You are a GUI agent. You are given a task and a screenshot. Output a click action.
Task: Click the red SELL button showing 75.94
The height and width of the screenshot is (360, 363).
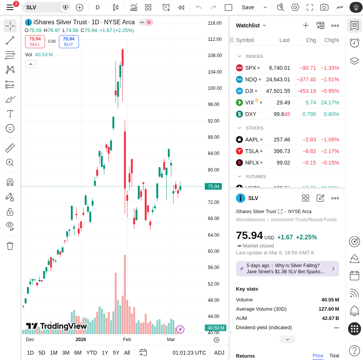(35, 42)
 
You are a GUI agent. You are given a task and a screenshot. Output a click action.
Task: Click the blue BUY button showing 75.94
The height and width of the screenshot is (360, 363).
(69, 42)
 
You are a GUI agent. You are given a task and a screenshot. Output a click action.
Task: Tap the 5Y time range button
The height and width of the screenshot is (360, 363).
(116, 353)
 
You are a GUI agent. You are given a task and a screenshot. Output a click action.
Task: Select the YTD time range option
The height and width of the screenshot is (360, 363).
(92, 353)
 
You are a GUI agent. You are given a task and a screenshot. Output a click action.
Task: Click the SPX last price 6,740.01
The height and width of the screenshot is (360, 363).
(279, 68)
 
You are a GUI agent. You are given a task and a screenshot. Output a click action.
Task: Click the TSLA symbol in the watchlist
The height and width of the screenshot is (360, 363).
(252, 151)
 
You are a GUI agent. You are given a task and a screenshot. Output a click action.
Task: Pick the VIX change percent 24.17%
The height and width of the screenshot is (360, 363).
(330, 103)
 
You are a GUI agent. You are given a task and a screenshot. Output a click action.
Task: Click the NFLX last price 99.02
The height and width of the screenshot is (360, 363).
(283, 163)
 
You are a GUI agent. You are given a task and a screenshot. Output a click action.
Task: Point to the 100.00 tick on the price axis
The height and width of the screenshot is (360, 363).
(215, 88)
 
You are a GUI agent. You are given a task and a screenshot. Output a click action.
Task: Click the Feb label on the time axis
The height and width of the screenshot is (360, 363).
(127, 340)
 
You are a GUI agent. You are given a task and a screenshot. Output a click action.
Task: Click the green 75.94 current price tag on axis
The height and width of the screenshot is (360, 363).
(213, 187)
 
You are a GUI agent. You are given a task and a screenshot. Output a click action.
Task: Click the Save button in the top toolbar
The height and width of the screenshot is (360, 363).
(248, 7)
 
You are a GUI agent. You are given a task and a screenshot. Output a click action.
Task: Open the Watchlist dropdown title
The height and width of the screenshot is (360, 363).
(251, 25)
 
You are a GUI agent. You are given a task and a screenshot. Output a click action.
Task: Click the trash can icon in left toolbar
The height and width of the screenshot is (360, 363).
(10, 246)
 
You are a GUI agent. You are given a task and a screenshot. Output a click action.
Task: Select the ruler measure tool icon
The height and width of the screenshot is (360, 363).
(10, 148)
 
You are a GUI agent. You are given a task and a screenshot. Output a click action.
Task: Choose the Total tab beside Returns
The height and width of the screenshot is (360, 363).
(334, 356)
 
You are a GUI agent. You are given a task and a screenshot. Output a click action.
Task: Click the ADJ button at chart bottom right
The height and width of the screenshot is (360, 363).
(219, 353)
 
